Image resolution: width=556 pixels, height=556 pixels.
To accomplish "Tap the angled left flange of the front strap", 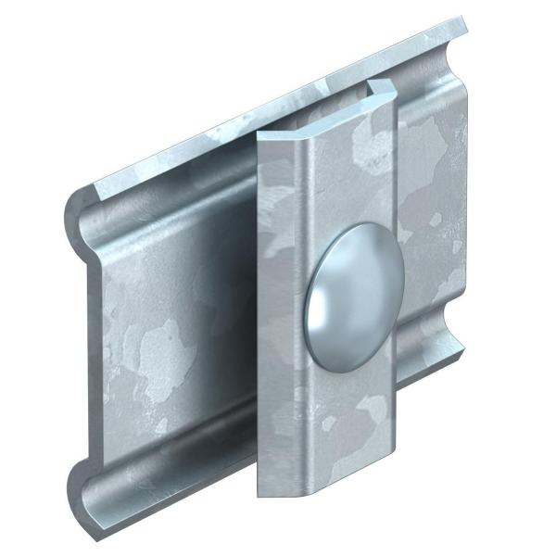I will (x=279, y=306).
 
